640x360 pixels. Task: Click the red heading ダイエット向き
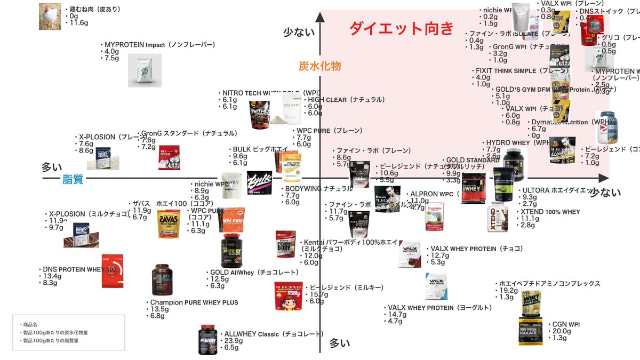pos(402,28)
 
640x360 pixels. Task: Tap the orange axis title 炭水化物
pos(319,66)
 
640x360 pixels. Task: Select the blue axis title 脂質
pos(73,180)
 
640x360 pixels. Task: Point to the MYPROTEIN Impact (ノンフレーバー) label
pos(159,45)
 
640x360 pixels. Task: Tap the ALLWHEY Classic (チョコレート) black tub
pos(209,340)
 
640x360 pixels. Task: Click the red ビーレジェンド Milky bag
pos(288,295)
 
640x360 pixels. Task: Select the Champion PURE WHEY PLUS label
pos(194,302)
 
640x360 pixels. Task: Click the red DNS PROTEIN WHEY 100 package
pos(112,271)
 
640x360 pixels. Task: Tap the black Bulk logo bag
pos(260,182)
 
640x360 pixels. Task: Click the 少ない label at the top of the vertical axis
pos(299,33)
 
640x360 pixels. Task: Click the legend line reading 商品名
pos(29,324)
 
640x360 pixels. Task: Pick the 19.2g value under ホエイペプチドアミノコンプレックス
pos(509,290)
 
